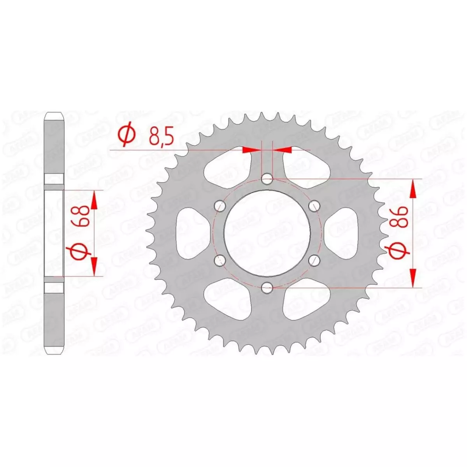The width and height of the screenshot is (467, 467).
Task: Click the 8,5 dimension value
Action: [x=162, y=137]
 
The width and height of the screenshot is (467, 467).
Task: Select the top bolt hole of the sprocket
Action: [x=267, y=179]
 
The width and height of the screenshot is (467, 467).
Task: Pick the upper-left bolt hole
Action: [x=220, y=207]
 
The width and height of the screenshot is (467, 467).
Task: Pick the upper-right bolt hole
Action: [x=314, y=207]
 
